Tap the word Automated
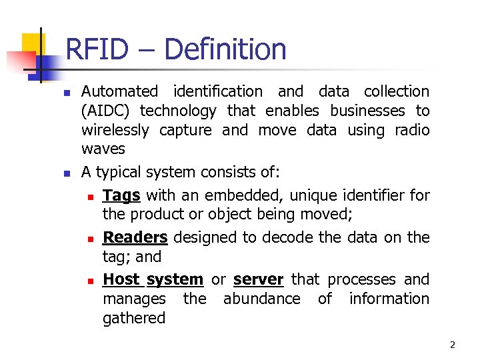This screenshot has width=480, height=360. [x=119, y=91]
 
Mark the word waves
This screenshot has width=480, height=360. [x=103, y=149]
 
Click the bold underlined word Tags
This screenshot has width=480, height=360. [x=121, y=196]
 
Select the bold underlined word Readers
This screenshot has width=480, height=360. [x=135, y=238]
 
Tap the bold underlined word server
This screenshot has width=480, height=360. [x=259, y=280]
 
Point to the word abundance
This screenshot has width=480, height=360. [x=261, y=299]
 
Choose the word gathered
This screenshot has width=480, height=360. [x=134, y=319]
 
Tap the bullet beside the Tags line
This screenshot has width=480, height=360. [x=91, y=197]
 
